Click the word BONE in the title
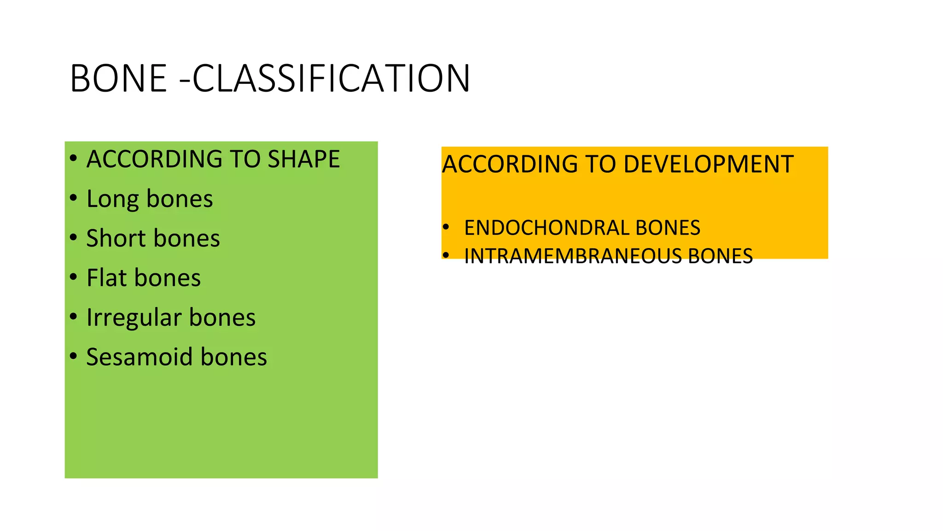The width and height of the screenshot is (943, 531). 118,78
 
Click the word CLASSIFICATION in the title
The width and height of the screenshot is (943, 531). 332,78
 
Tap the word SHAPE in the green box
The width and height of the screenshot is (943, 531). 304,159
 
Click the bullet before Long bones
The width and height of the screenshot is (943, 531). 74,198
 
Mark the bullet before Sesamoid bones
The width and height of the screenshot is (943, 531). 74,356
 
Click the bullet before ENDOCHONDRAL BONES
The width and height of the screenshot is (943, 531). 446,227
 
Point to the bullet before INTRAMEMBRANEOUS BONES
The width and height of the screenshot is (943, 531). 446,255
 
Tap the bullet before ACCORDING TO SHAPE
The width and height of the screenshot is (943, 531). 74,159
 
